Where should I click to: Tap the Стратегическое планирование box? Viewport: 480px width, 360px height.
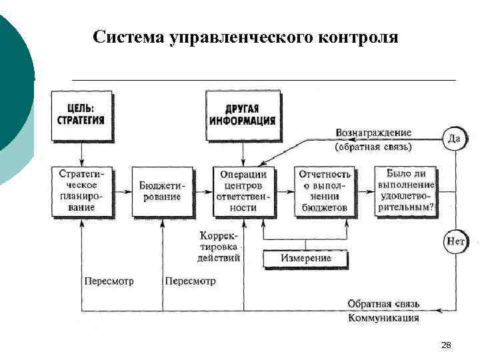point(81,191)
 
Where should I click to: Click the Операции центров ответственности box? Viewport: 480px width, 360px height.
point(242,191)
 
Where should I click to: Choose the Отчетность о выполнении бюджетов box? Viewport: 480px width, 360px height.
point(323,191)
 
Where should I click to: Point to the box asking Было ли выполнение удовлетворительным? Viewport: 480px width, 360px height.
point(405,191)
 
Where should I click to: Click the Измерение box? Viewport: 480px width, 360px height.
point(306,258)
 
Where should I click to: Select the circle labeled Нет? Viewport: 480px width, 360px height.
point(455,241)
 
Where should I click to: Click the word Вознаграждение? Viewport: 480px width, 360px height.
point(373,133)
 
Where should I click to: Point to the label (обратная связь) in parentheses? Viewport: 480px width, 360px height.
point(373,146)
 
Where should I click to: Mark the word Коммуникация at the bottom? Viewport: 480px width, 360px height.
point(383,318)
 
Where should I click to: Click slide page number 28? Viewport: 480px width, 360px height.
point(446,345)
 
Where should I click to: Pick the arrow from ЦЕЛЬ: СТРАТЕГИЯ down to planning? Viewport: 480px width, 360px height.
point(81,153)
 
